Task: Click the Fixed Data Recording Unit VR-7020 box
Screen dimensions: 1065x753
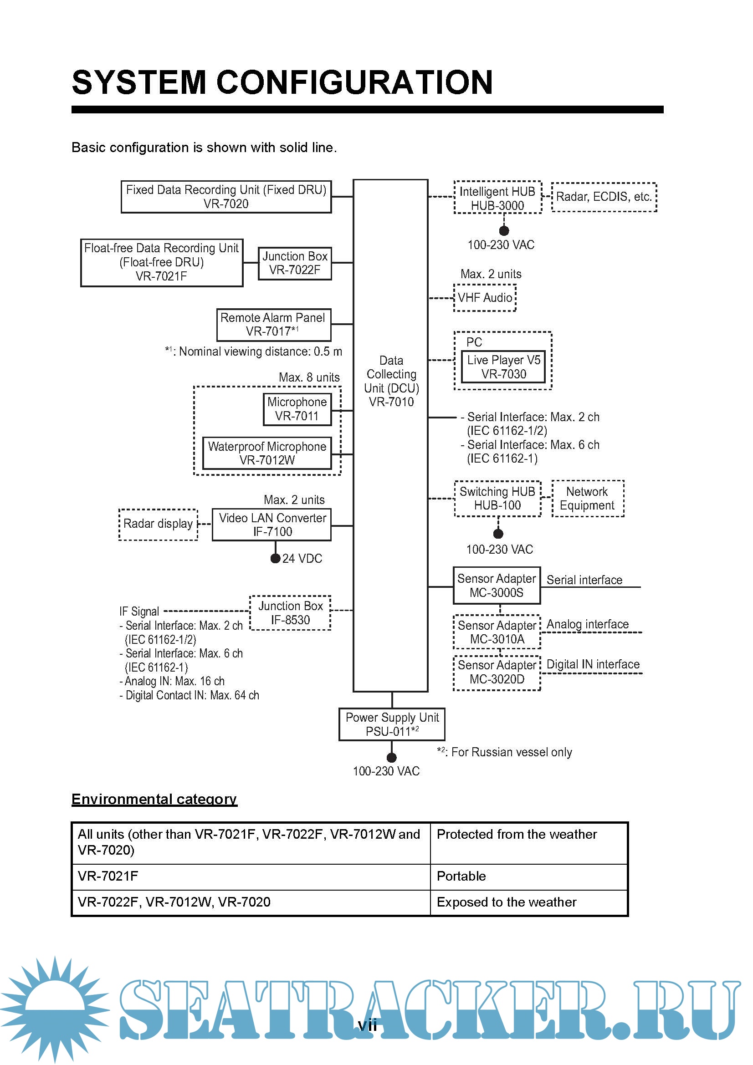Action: [x=226, y=197]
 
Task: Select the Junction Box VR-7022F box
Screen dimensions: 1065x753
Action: [x=295, y=263]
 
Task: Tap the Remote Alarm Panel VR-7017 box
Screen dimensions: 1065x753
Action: [x=274, y=325]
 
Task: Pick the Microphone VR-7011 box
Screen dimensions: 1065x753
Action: [x=297, y=409]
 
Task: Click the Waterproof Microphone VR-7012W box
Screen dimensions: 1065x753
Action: [x=267, y=453]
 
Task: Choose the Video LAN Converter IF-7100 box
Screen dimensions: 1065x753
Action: [x=272, y=525]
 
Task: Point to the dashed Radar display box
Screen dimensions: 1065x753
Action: [x=158, y=524]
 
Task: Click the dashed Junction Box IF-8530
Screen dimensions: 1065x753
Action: [x=291, y=613]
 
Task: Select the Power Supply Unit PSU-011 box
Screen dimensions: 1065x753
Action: [x=392, y=724]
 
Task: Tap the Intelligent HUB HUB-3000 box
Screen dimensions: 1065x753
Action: [x=497, y=198]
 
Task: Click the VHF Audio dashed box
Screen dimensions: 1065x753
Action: [x=485, y=298]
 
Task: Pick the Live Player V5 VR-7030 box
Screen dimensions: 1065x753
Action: [x=503, y=367]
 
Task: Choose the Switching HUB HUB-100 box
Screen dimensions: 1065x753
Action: [x=497, y=499]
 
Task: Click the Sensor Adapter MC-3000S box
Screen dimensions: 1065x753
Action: [x=497, y=586]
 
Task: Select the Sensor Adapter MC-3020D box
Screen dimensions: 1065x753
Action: [x=497, y=673]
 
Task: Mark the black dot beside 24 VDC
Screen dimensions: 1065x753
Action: [x=275, y=558]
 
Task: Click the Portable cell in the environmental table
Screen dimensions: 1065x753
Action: [x=529, y=876]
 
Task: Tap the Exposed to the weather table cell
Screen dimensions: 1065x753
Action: [x=529, y=902]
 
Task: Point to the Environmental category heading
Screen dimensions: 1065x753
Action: [x=154, y=799]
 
